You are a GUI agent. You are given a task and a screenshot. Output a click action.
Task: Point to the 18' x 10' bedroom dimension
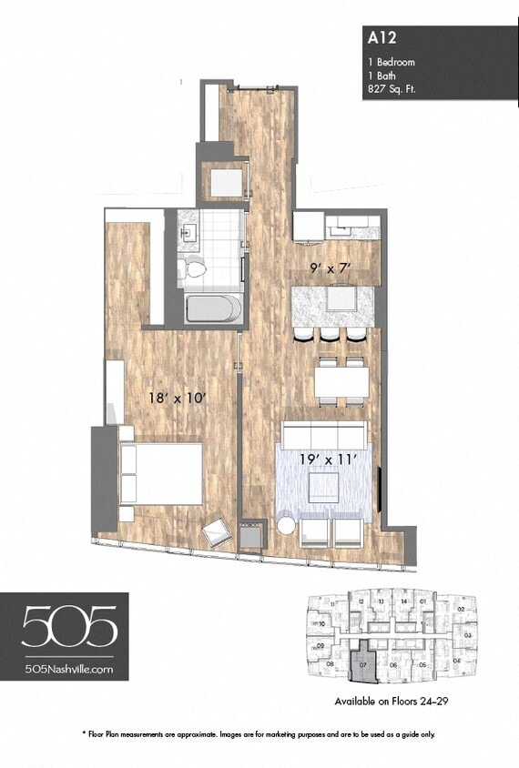coord(179,397)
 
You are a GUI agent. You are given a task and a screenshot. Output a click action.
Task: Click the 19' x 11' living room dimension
coord(325,460)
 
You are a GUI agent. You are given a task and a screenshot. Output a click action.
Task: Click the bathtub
coord(213,308)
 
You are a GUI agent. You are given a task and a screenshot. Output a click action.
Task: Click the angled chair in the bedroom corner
coord(218,533)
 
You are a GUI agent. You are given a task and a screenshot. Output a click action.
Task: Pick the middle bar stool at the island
coord(328,334)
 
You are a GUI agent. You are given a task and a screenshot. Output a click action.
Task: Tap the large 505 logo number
coord(69,628)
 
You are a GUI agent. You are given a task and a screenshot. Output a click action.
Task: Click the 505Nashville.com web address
coord(70,669)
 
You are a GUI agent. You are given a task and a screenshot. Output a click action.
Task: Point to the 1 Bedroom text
coord(392,62)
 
